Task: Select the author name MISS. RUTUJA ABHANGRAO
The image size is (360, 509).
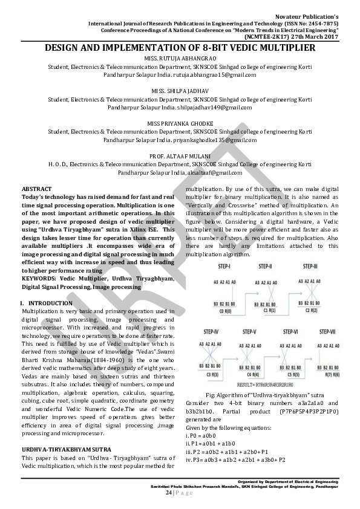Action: point(180,58)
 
